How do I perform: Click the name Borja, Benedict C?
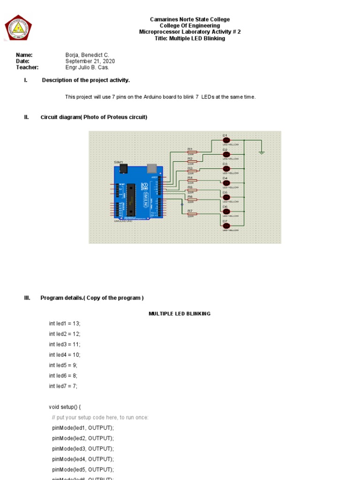(87, 55)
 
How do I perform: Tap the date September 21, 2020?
(90, 61)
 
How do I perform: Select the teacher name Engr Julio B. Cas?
(87, 67)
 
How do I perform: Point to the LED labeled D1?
(226, 140)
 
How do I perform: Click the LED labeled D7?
(226, 226)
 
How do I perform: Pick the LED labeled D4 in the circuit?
(226, 183)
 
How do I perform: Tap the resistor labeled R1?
(192, 152)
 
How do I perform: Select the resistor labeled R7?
(192, 214)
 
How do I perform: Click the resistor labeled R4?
(192, 180)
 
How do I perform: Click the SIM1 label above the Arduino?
(119, 162)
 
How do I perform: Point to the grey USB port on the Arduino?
(152, 168)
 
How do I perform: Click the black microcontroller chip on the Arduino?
(131, 198)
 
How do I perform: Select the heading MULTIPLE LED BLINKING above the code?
(180, 314)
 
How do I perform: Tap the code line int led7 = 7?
(63, 386)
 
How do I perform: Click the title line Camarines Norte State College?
(190, 20)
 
